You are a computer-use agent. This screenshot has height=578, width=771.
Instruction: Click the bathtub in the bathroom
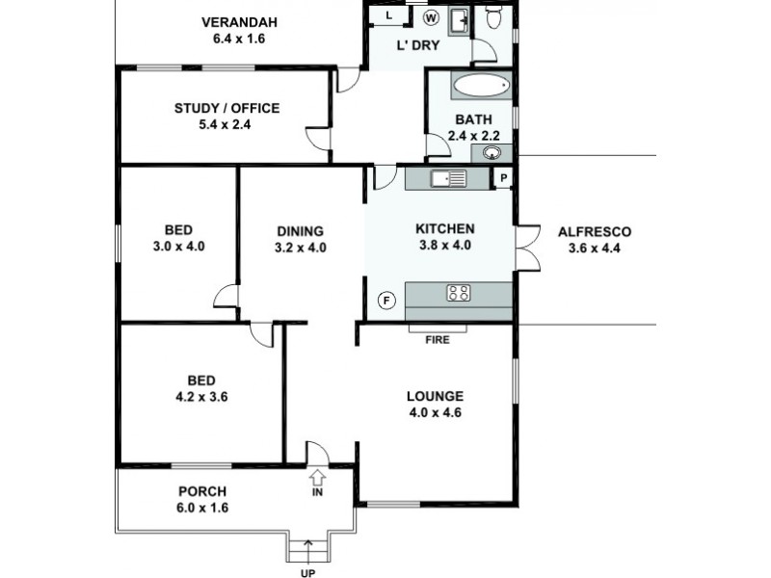[480, 86]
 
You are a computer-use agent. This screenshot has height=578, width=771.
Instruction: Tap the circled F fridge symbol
[386, 299]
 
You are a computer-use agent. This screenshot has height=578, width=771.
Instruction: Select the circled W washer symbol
[431, 16]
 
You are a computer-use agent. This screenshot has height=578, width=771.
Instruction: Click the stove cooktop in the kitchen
[459, 293]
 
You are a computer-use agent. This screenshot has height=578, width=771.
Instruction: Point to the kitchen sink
[448, 178]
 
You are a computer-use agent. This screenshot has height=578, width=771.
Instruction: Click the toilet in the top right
[494, 16]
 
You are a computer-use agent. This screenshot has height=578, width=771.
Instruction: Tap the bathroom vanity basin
[492, 152]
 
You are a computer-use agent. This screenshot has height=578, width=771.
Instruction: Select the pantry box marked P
[502, 178]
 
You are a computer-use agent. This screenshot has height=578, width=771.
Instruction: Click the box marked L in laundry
[388, 16]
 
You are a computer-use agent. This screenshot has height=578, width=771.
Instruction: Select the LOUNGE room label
[435, 396]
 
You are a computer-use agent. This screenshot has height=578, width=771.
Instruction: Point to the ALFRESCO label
[595, 231]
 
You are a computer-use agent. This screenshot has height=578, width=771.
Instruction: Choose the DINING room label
[300, 231]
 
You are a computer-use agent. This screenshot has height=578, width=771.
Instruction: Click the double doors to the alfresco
[525, 250]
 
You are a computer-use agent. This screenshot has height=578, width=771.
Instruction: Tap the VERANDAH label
[239, 23]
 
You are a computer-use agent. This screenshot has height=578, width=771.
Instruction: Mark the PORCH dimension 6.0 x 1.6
[202, 508]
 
